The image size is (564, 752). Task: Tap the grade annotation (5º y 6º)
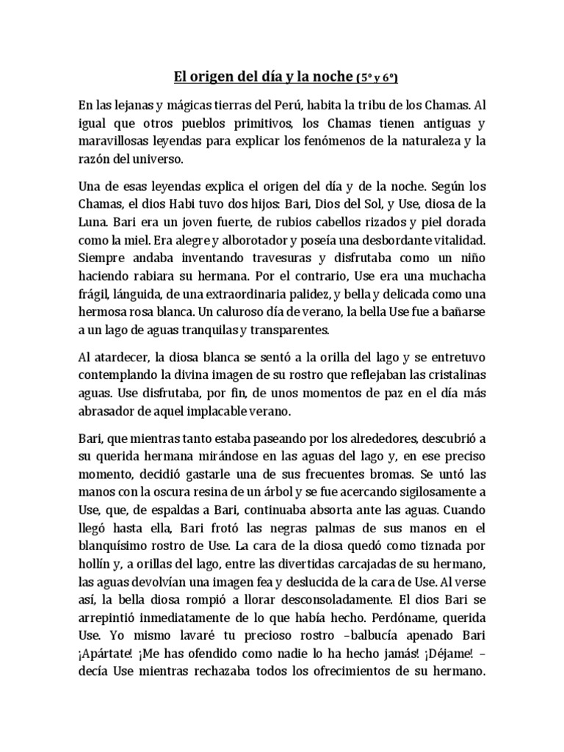379,77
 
